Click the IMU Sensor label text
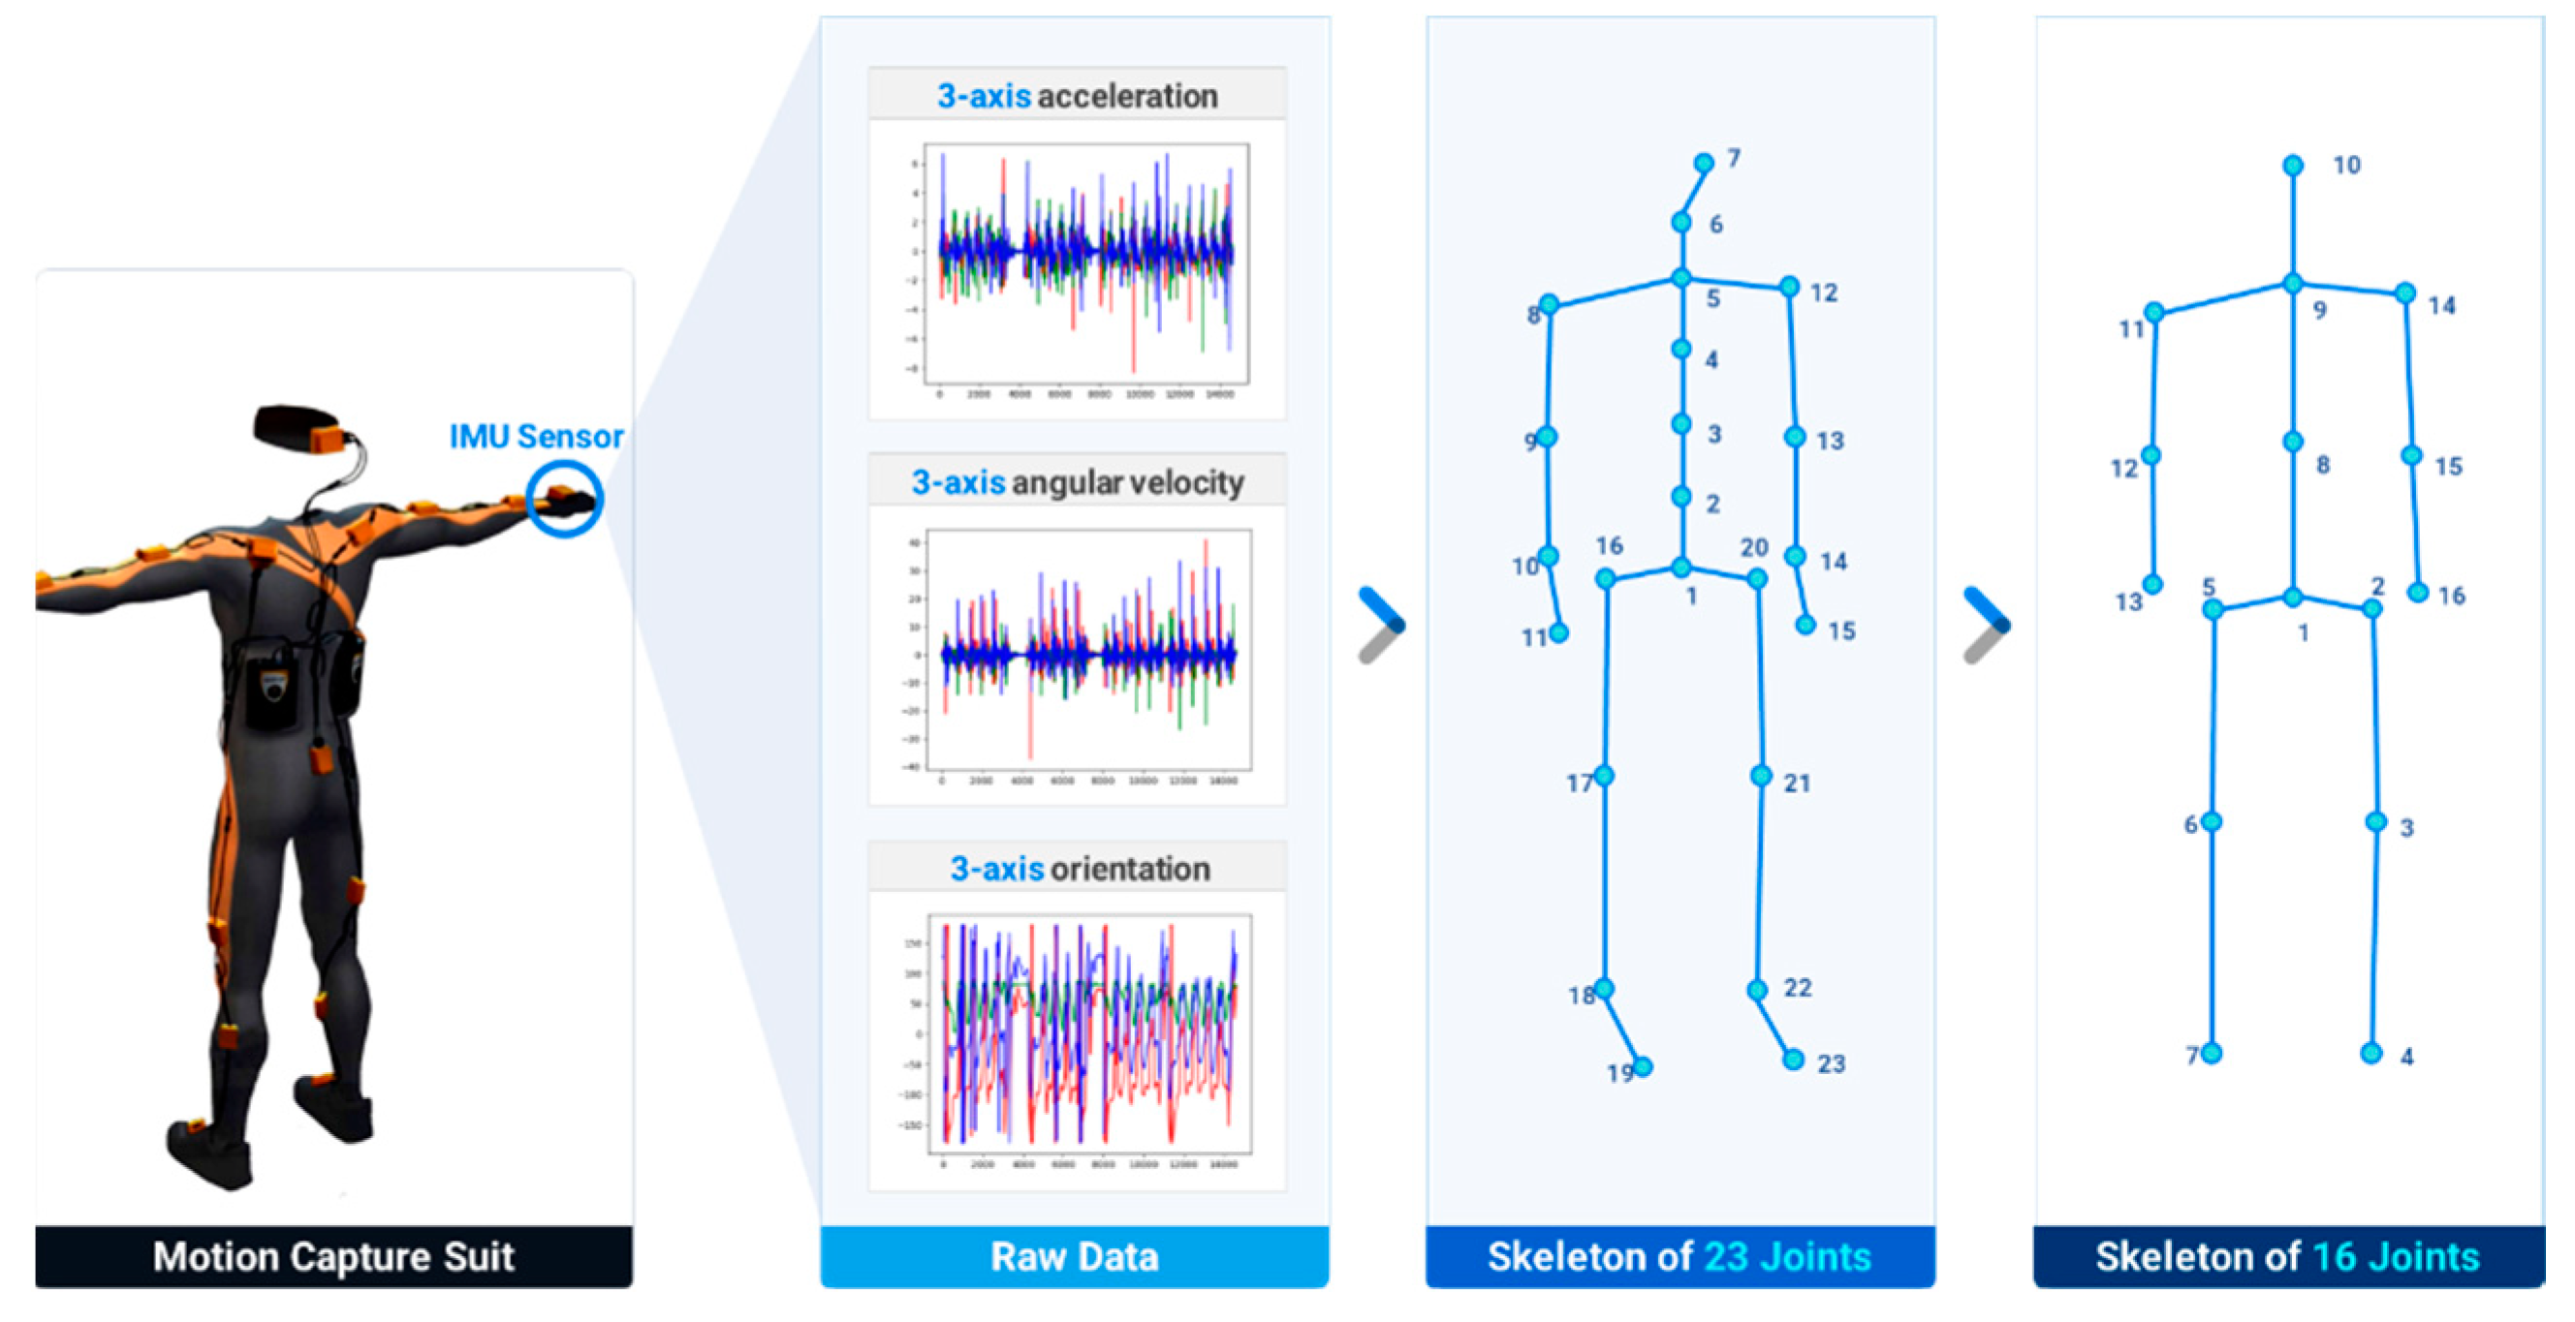[536, 437]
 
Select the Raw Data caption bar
[1074, 1256]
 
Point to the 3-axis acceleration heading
[1077, 96]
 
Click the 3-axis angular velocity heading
[1077, 482]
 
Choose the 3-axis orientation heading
[1079, 869]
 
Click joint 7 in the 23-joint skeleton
[1704, 163]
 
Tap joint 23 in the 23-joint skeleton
[1793, 1060]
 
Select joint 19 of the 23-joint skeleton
[1643, 1067]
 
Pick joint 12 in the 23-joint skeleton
[1789, 288]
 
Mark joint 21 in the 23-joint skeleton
[1761, 776]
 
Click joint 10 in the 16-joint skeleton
[2293, 165]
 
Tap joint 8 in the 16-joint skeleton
[2293, 442]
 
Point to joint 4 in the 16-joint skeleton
[2371, 1053]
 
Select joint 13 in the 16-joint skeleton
[2153, 585]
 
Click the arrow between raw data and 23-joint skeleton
[1382, 626]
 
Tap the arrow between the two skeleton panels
[1988, 626]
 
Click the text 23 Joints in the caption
[1786, 1256]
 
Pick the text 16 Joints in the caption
[2395, 1256]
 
